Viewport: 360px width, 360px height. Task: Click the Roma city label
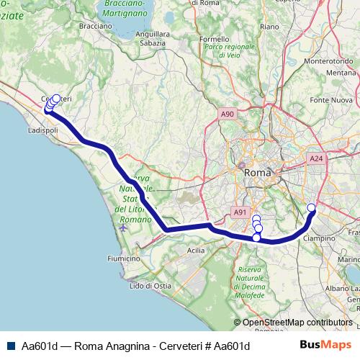258,173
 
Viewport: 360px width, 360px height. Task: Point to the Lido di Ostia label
150,286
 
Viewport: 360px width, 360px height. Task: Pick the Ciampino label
320,237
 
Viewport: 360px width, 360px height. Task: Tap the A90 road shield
228,114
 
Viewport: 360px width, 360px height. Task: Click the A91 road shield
240,212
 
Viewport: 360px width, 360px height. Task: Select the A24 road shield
315,158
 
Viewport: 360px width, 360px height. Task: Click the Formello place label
214,39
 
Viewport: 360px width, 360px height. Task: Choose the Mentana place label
341,73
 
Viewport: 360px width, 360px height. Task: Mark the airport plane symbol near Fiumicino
123,228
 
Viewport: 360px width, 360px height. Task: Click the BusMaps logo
325,345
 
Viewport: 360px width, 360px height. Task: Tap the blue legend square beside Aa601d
10,346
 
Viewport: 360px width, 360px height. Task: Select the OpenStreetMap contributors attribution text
297,323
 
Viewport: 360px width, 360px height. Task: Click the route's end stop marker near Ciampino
312,209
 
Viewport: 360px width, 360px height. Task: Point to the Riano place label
269,26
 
